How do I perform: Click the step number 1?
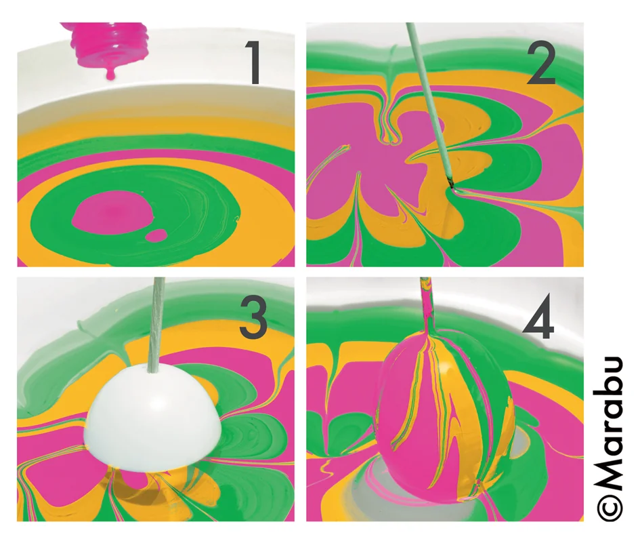point(253,64)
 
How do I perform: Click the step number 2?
point(541,64)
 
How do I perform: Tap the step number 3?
point(253,317)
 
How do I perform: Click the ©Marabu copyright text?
point(610,439)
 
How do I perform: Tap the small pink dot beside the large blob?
point(156,235)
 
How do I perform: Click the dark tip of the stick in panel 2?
point(450,182)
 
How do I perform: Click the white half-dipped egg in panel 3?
point(152,416)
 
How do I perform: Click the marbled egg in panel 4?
point(446,415)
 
